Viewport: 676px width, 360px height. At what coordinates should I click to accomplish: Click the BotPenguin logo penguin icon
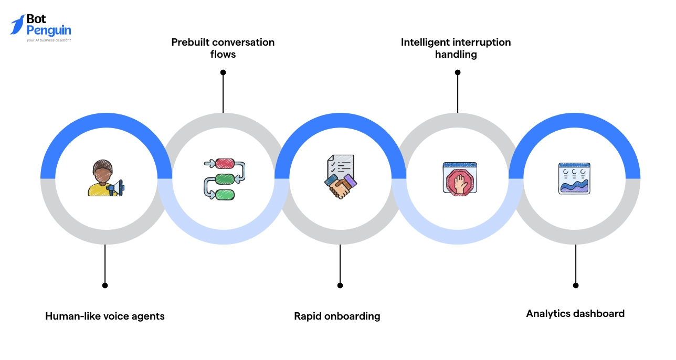click(17, 25)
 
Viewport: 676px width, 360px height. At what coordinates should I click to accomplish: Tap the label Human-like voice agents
click(105, 316)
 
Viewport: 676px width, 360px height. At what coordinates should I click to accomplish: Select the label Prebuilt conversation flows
click(223, 48)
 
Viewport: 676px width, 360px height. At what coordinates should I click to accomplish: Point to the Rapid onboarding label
click(337, 316)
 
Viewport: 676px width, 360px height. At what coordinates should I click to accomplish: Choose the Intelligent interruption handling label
click(456, 48)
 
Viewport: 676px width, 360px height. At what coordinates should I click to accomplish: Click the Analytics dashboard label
click(575, 313)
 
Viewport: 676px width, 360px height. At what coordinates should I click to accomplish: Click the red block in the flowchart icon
click(225, 164)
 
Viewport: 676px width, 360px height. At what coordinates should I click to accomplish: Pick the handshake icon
click(340, 186)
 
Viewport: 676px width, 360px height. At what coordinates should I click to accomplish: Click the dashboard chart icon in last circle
click(574, 178)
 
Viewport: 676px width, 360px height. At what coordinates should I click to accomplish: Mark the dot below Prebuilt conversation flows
click(223, 72)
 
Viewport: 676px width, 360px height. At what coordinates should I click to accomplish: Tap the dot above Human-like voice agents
click(105, 285)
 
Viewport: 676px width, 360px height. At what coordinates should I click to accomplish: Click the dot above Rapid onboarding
click(340, 285)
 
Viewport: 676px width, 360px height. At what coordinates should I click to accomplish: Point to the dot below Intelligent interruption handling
click(457, 72)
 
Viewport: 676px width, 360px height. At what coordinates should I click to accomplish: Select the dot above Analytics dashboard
click(576, 285)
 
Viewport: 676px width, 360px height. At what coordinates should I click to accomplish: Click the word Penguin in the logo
click(48, 30)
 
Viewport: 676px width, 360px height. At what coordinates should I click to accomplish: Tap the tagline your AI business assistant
click(49, 40)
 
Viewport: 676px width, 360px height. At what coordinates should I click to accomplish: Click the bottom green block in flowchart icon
click(225, 195)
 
